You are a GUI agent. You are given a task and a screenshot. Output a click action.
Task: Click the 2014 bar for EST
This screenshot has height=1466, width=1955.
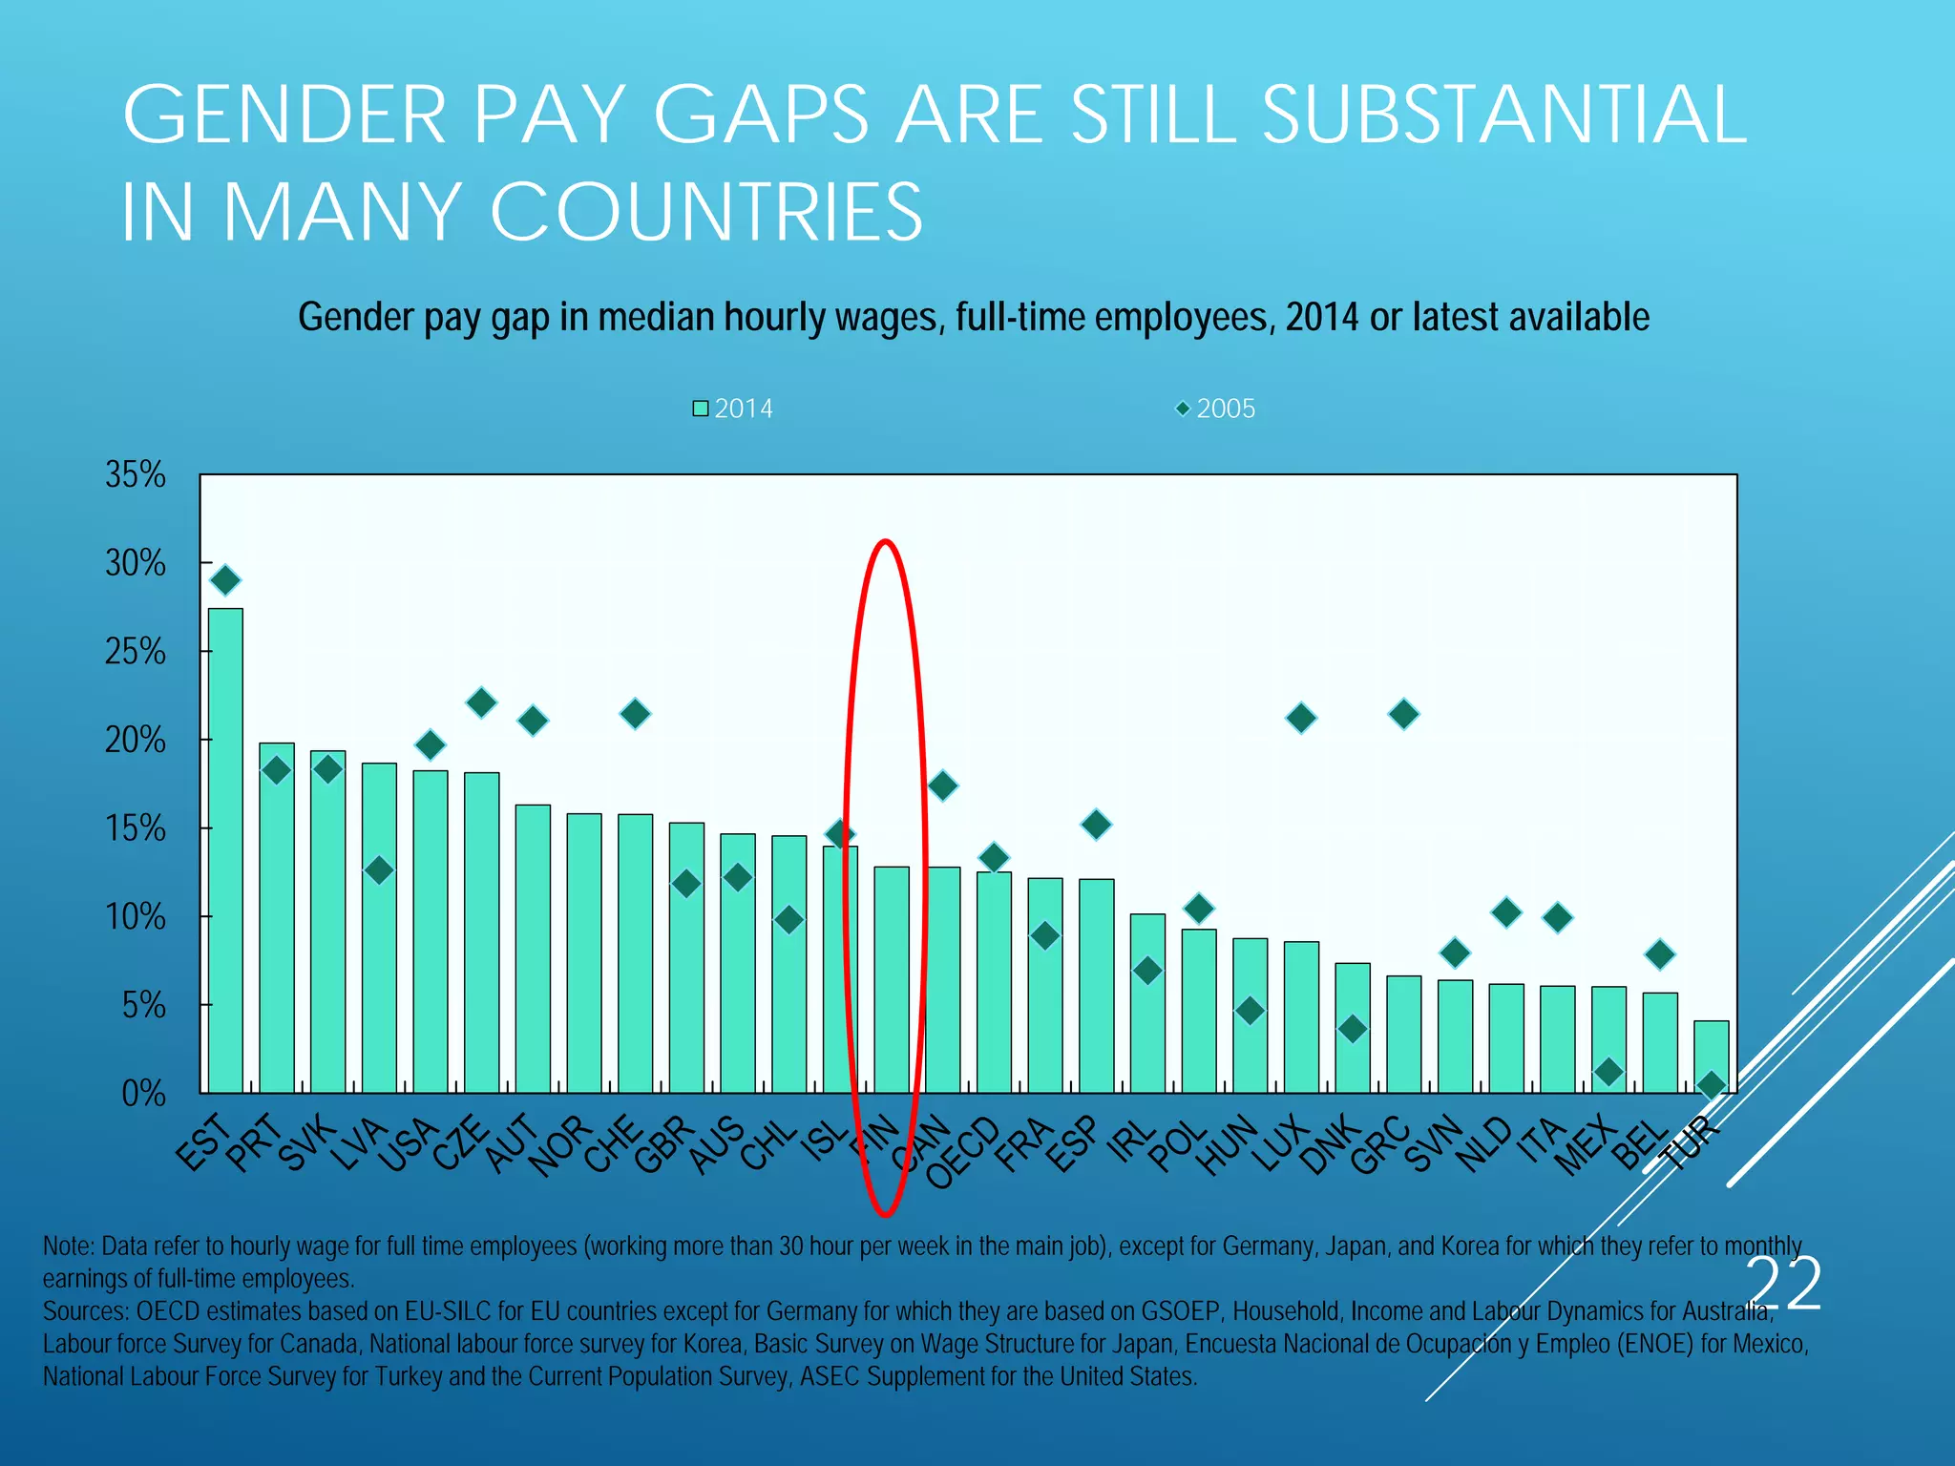225,849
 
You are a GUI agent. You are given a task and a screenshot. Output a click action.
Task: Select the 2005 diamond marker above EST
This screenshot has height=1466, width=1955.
225,580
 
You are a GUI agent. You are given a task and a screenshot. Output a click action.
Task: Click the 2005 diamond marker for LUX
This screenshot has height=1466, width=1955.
1301,718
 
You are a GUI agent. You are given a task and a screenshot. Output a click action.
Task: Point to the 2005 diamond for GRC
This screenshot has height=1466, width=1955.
1403,714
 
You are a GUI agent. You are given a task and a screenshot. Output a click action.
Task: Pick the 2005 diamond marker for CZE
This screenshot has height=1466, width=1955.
481,703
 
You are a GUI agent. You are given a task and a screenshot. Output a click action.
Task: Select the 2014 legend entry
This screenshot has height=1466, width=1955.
733,408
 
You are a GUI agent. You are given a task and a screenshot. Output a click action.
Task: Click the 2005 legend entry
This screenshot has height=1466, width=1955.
1215,408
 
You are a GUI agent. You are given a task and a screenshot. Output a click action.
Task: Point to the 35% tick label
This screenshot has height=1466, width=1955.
136,474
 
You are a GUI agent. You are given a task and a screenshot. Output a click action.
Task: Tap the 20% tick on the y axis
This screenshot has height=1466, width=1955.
136,740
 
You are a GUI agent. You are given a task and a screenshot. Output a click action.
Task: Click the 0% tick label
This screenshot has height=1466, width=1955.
143,1094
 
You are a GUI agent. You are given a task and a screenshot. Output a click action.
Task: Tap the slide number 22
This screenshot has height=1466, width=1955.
1785,1285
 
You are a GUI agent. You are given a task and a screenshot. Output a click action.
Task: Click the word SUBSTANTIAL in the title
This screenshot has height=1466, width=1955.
1504,115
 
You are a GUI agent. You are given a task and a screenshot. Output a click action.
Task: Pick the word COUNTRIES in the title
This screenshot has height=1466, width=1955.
706,212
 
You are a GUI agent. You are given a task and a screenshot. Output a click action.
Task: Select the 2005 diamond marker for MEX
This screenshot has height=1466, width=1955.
1608,1072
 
